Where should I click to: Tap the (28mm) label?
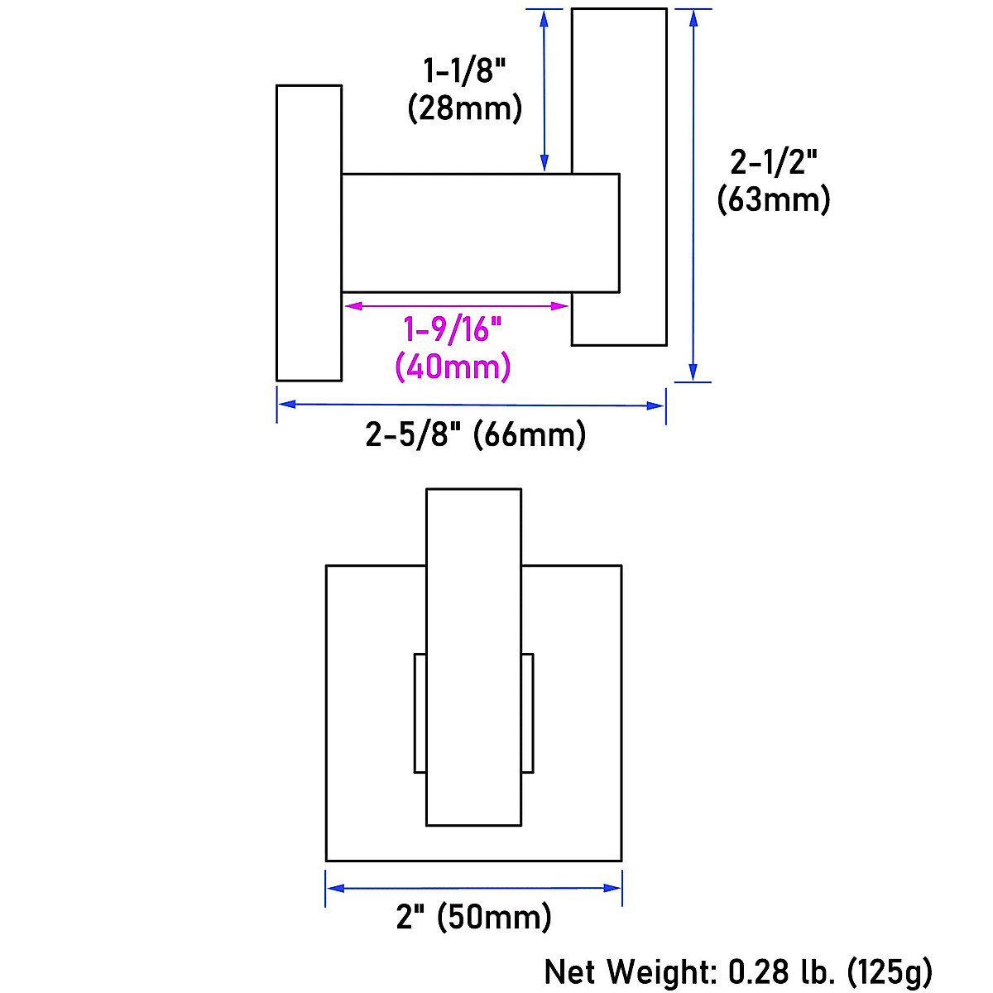(464, 108)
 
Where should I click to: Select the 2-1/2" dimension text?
(774, 162)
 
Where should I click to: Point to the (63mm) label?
(774, 199)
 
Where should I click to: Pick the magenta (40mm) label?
(453, 367)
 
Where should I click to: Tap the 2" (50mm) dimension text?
(473, 917)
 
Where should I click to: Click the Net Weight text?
(631, 972)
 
